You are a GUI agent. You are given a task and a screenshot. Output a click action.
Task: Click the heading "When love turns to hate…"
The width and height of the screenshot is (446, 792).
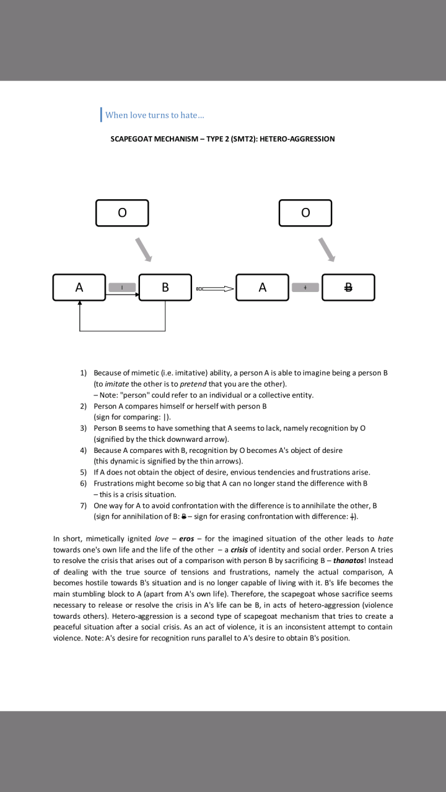pyautogui.click(x=155, y=115)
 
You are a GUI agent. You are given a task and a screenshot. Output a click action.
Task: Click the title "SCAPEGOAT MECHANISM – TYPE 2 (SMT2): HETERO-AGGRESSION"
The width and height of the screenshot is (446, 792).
pyautogui.click(x=222, y=139)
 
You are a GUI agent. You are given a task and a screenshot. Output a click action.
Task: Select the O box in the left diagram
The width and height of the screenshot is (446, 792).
pyautogui.click(x=122, y=213)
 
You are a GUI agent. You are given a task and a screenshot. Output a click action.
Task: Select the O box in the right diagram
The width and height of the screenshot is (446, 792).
pyautogui.click(x=305, y=213)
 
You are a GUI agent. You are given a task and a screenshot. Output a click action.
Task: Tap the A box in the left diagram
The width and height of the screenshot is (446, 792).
pyautogui.click(x=79, y=287)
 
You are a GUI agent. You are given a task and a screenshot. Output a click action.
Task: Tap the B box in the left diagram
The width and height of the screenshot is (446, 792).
pyautogui.click(x=165, y=287)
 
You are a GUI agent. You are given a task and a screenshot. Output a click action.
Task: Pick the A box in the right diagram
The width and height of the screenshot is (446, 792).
pyautogui.click(x=263, y=287)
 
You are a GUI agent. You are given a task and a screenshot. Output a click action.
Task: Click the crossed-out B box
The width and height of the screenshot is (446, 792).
pyautogui.click(x=348, y=287)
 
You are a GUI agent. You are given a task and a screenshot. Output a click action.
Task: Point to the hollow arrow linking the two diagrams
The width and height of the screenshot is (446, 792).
pyautogui.click(x=214, y=288)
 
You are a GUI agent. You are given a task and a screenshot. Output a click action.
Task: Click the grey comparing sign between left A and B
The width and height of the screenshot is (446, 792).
pyautogui.click(x=122, y=287)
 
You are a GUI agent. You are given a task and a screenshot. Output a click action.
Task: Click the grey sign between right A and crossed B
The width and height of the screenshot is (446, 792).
pyautogui.click(x=305, y=287)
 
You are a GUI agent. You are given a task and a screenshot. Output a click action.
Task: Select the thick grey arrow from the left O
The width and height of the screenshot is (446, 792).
pyautogui.click(x=144, y=249)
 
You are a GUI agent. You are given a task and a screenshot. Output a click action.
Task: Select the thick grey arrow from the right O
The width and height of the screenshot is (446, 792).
pyautogui.click(x=326, y=249)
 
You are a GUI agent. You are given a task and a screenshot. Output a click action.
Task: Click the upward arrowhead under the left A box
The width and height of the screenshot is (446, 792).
pyautogui.click(x=79, y=304)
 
